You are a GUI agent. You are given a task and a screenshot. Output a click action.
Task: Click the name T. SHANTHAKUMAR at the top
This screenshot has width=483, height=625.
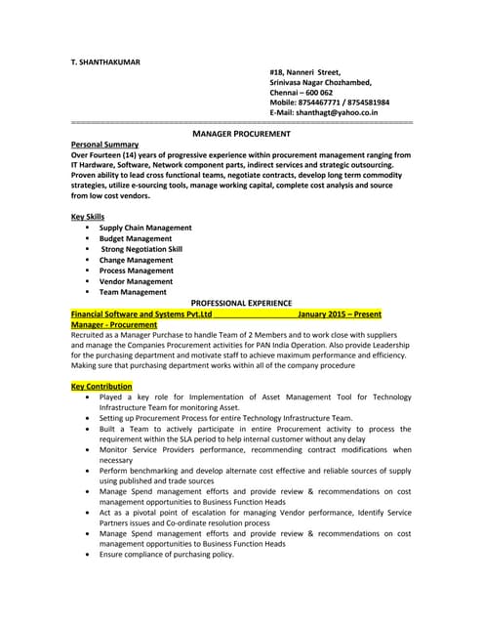tap(105, 62)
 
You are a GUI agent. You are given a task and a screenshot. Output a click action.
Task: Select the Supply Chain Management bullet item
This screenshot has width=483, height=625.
tap(144, 228)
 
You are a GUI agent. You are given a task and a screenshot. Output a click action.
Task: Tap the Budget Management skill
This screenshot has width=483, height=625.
tap(135, 238)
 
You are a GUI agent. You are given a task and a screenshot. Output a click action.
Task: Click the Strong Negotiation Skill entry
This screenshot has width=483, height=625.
tap(141, 249)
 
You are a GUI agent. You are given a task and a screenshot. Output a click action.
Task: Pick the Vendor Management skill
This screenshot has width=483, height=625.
tap(136, 281)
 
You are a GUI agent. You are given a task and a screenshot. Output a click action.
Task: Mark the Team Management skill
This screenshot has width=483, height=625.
tap(133, 292)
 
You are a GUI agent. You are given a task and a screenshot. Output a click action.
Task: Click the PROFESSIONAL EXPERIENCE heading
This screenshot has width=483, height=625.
tap(241, 303)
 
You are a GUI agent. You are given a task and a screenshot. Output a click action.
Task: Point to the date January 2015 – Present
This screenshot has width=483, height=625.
tap(339, 313)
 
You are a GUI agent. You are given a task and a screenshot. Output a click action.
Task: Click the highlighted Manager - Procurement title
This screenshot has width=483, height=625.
tap(113, 324)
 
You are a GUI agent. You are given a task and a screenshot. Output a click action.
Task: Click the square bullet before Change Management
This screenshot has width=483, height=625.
tap(88, 260)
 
